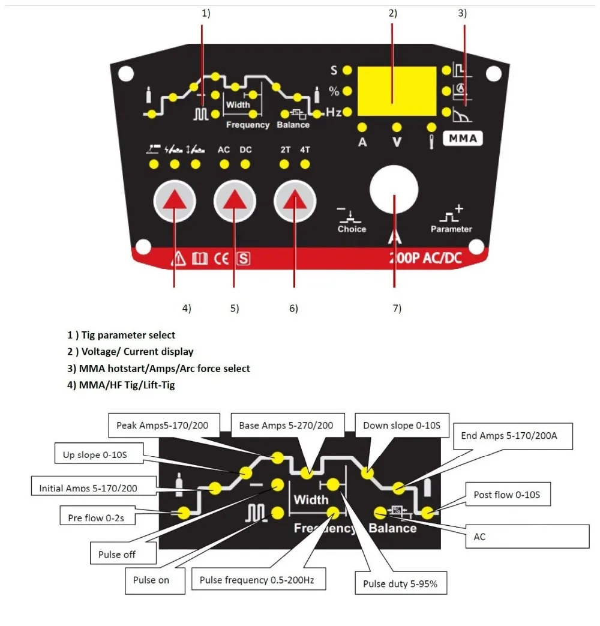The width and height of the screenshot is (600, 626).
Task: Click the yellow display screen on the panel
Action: point(397,91)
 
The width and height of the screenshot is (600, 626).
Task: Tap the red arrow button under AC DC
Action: point(234,202)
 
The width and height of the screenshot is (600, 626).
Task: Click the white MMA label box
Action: point(463,139)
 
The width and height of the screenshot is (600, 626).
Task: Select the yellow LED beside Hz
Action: point(347,112)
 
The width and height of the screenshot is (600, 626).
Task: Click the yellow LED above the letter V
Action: point(397,127)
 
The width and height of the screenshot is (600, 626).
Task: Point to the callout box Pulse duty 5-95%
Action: point(404,583)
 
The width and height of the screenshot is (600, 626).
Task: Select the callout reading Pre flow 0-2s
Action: point(96,517)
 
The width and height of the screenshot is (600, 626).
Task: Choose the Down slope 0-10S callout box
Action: point(401,426)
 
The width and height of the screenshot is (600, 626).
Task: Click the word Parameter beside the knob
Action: point(451,229)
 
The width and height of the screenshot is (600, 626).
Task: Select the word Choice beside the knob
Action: point(352,229)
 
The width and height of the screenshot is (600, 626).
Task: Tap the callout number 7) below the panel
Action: point(397,308)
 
